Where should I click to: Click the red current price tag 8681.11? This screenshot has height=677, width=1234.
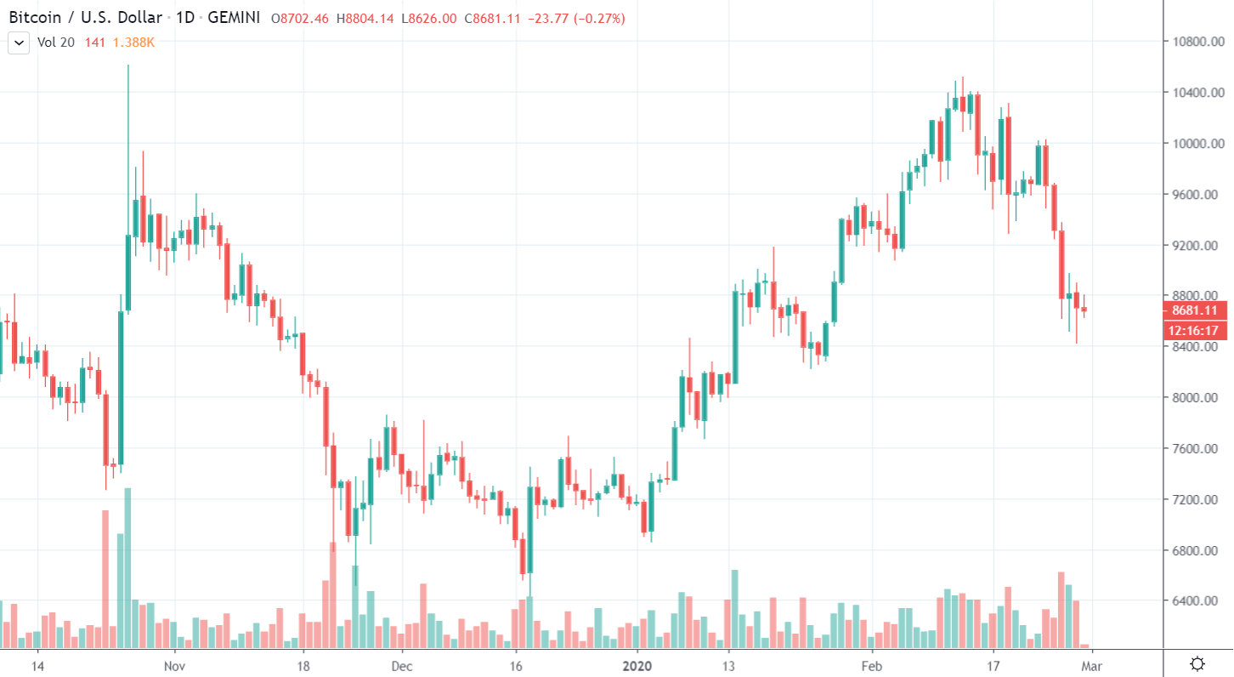(1196, 310)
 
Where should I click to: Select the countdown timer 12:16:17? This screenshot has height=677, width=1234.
(1196, 330)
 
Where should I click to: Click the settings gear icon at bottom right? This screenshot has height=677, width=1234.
(1198, 664)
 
